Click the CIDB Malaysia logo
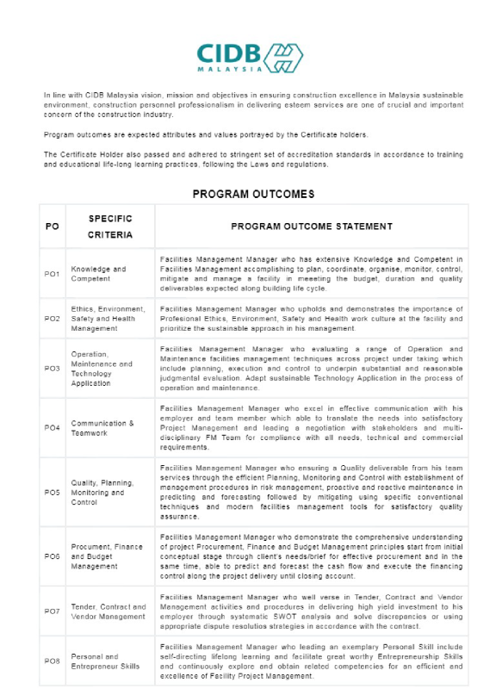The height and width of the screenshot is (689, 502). [x=250, y=57]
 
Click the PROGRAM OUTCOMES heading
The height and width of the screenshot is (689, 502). [x=253, y=194]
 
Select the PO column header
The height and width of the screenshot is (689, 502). [x=52, y=227]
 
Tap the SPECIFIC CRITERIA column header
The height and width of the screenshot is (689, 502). [x=109, y=227]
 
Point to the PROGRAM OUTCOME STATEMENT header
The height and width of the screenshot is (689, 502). [x=311, y=227]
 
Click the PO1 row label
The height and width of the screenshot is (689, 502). [x=52, y=274]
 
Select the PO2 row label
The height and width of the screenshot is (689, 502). [x=52, y=319]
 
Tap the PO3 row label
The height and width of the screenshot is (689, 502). [x=52, y=368]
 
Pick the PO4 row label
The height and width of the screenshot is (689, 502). [x=52, y=428]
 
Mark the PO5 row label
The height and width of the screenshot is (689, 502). [x=52, y=493]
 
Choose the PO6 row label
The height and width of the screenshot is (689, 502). [x=52, y=556]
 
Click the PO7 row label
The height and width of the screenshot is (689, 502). [x=52, y=611]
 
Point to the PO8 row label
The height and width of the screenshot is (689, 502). [x=52, y=661]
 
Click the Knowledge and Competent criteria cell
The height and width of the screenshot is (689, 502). [x=98, y=274]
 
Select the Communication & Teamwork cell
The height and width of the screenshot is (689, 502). [x=102, y=428]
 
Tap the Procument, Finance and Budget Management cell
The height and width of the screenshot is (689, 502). [x=105, y=556]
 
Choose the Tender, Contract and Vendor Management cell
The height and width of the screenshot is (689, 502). [x=108, y=611]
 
